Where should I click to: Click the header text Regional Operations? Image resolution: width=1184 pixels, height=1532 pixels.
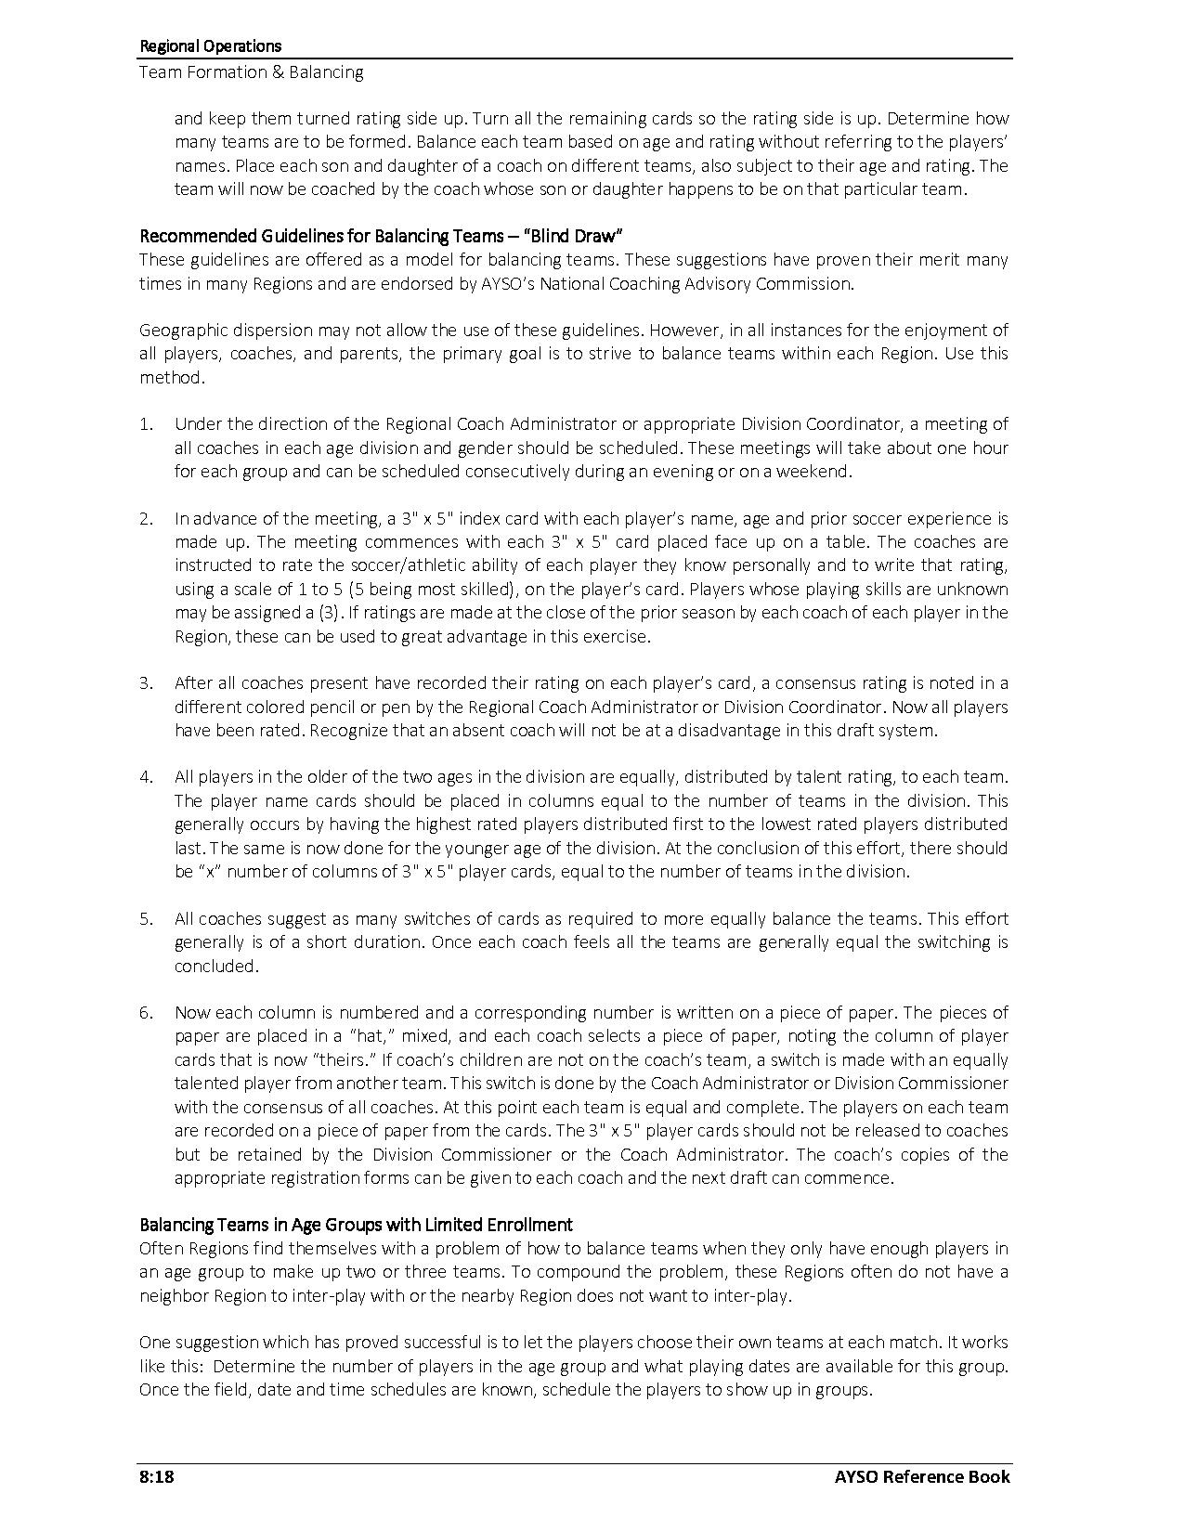(x=210, y=45)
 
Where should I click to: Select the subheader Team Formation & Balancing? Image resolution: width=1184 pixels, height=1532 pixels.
(x=251, y=72)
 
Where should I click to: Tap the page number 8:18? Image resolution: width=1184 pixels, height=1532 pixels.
(x=157, y=1476)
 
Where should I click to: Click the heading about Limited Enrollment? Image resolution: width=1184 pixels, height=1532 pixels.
(x=356, y=1225)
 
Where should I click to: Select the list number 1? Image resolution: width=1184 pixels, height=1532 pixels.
(x=146, y=424)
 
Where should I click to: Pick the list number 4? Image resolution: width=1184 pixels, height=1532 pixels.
(x=146, y=777)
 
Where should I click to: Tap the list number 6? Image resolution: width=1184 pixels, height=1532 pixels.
(x=146, y=1013)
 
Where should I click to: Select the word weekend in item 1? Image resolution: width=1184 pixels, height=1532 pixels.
(x=816, y=472)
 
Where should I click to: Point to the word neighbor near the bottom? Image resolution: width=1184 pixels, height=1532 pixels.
(x=173, y=1296)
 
